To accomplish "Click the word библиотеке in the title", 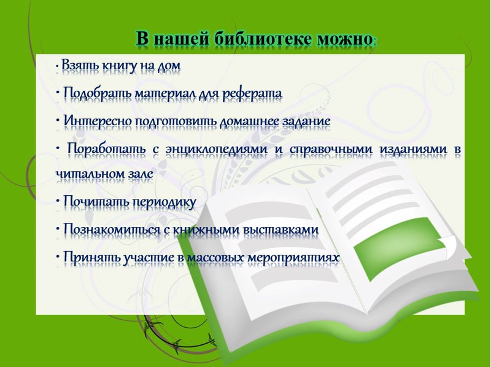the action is (263, 39).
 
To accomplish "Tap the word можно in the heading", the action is (344, 40).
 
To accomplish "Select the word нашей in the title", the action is (182, 39).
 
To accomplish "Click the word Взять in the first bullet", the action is (80, 66).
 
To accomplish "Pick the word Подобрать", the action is (98, 93).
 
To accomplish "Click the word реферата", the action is (252, 93).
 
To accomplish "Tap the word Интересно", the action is (98, 121).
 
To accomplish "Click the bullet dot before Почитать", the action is (58, 201).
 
